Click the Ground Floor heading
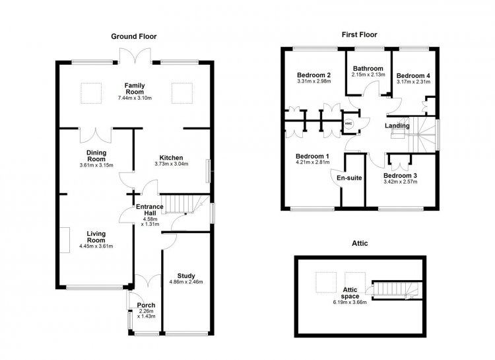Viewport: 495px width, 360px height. click(134, 37)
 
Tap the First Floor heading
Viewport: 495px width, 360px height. click(359, 35)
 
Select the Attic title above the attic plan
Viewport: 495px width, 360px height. click(360, 243)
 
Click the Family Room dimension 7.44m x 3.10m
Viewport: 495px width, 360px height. click(135, 98)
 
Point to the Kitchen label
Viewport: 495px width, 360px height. click(171, 158)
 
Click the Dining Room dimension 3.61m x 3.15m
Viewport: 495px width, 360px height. click(96, 165)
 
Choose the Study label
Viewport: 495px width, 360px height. click(186, 276)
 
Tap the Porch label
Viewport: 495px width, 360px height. click(146, 305)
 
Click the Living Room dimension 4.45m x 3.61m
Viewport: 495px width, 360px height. click(96, 246)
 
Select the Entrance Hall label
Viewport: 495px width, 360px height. click(150, 210)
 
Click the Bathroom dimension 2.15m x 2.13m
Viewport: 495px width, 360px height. click(368, 75)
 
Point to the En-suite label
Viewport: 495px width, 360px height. click(349, 178)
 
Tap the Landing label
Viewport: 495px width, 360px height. click(397, 126)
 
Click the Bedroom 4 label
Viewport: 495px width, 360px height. click(413, 76)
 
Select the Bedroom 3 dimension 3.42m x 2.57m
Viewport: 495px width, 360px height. click(401, 182)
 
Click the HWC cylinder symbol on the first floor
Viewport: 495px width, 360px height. click(348, 124)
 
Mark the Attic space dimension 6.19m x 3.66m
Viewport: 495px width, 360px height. click(350, 302)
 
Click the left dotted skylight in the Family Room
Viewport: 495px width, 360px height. click(91, 93)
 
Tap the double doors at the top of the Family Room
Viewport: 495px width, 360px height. click(135, 56)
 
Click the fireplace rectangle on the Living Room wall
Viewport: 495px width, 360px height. click(65, 240)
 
